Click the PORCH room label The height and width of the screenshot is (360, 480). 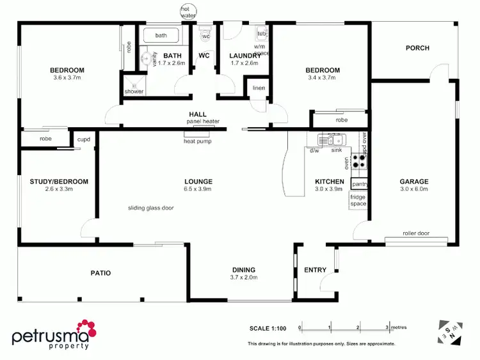[417, 48]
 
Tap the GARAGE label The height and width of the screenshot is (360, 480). [413, 181]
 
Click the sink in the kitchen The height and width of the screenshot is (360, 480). [334, 139]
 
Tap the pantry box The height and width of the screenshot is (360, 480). [359, 184]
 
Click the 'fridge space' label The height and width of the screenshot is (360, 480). [358, 201]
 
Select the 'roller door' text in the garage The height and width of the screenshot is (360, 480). [416, 233]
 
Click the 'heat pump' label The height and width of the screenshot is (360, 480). [198, 141]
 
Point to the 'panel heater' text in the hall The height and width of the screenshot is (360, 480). [203, 121]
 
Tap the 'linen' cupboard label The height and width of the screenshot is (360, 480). [259, 88]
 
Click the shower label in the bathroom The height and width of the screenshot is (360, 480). [134, 91]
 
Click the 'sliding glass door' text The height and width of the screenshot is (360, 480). [151, 208]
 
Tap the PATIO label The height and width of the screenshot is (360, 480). [100, 273]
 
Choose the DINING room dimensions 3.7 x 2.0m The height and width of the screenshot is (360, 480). [243, 278]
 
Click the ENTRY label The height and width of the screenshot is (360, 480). [316, 269]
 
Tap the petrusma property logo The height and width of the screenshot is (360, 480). [54, 338]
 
